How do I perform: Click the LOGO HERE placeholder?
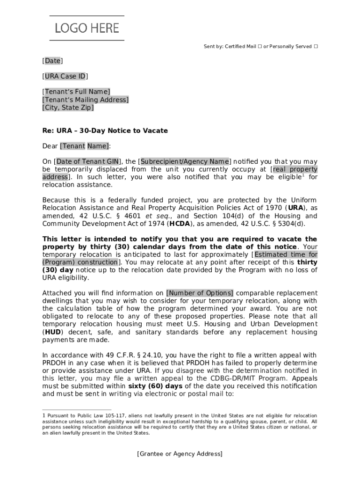pyautogui.click(x=87, y=29)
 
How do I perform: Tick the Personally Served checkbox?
pyautogui.click(x=316, y=47)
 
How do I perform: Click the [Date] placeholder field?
pyautogui.click(x=52, y=61)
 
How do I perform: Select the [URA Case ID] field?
pyautogui.click(x=65, y=76)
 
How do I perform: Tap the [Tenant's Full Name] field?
pyautogui.click(x=76, y=92)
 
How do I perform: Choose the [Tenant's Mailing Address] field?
pyautogui.click(x=86, y=100)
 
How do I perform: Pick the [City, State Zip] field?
pyautogui.click(x=68, y=108)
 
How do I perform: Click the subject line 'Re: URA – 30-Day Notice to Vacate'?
pyautogui.click(x=105, y=131)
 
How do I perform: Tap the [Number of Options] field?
pyautogui.click(x=200, y=293)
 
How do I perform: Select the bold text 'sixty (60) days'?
pyautogui.click(x=155, y=386)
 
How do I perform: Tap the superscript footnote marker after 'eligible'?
pyautogui.click(x=303, y=175)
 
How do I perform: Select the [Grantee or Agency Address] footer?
pyautogui.click(x=180, y=454)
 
